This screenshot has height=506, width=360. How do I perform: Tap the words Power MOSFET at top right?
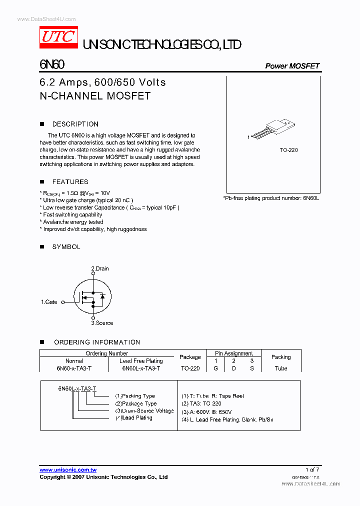[x=292, y=66]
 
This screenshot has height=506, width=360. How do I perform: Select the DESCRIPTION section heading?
[x=75, y=124]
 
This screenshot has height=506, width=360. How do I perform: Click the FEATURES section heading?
[x=70, y=182]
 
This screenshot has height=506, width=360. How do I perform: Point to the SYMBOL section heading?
[x=66, y=247]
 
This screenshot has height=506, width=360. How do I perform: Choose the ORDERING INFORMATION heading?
[x=96, y=342]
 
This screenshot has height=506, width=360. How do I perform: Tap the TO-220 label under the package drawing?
[x=288, y=150]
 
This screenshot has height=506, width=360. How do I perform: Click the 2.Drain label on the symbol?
[x=100, y=268]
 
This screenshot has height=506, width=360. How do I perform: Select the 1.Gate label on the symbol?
[x=49, y=302]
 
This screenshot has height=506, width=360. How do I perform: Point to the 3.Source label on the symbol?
[x=102, y=323]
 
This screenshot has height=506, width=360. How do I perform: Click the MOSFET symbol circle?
[x=92, y=296]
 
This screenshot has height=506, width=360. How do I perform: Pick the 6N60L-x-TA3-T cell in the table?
[x=141, y=368]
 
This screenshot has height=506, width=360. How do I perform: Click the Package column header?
[x=190, y=357]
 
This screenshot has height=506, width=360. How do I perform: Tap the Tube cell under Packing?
[x=281, y=368]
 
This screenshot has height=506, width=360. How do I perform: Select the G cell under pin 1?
[x=216, y=368]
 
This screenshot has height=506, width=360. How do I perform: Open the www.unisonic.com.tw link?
[x=68, y=470]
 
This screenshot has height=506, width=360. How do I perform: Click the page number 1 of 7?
[x=311, y=469]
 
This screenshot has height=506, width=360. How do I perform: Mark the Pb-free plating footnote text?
[x=270, y=198]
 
